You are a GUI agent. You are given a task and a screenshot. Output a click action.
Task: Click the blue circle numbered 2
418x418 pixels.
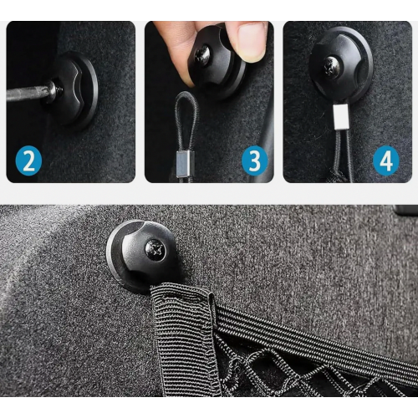coord(28,161)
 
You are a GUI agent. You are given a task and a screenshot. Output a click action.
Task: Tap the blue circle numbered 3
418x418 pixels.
coord(254,161)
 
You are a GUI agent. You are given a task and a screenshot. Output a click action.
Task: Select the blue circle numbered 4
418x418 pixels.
coord(386,161)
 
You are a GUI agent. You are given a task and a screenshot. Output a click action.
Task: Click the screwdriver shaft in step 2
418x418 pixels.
coord(26,93)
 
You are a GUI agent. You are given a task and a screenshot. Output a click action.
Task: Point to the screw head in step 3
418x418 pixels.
coord(202,56)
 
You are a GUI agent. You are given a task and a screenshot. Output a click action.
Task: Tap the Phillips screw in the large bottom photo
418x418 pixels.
coord(155,249)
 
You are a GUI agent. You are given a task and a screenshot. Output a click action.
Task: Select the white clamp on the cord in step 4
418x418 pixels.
coord(341,116)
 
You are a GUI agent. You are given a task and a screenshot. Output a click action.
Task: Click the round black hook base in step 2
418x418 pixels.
coord(73,90)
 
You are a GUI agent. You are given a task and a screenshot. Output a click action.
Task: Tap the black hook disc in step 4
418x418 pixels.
coord(341,65)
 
